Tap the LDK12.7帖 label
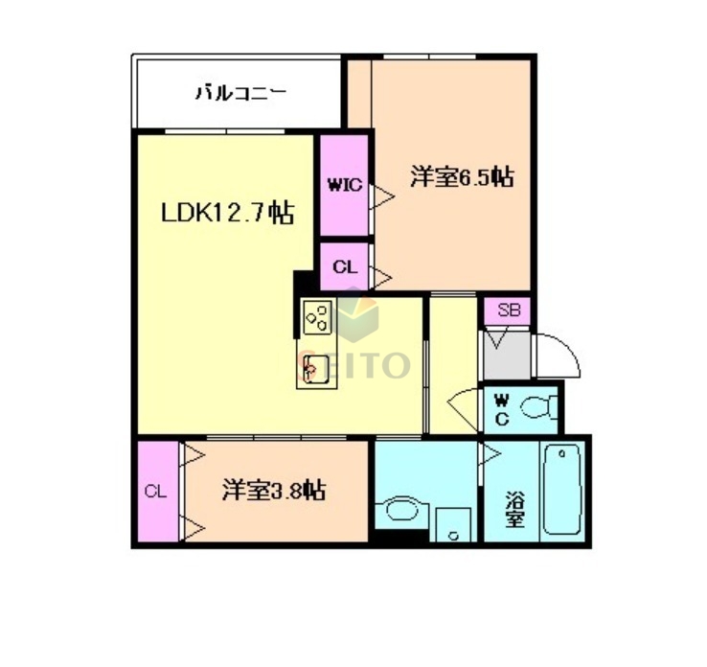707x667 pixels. [x=226, y=213]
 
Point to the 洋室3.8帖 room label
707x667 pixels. [x=273, y=492]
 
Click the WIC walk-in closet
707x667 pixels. [x=344, y=185]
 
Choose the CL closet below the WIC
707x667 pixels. [x=344, y=266]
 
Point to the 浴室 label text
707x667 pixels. [x=514, y=510]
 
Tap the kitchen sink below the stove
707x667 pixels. [x=316, y=367]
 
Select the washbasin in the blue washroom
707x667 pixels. [x=402, y=509]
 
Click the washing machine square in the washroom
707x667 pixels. [x=453, y=525]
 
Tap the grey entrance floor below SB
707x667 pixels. [x=506, y=355]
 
